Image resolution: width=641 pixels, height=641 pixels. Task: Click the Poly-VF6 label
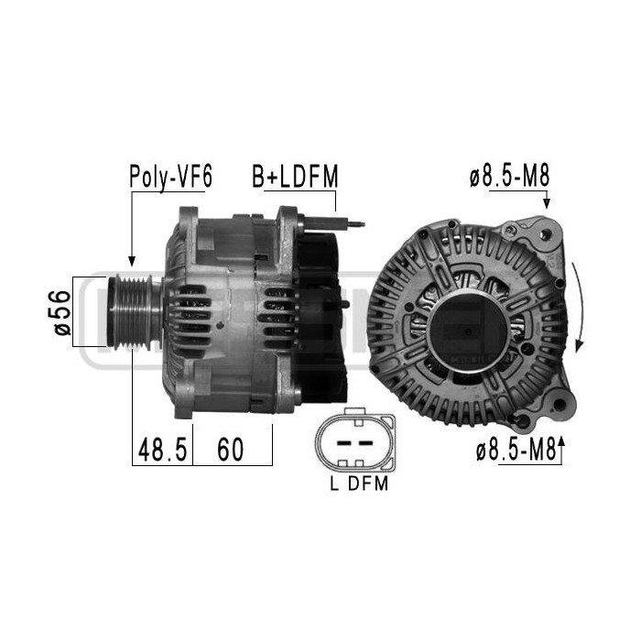[170, 177]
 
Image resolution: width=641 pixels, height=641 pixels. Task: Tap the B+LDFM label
[295, 177]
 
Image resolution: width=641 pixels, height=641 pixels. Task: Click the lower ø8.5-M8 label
[516, 450]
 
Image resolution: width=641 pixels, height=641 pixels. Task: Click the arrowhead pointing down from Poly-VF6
[130, 260]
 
